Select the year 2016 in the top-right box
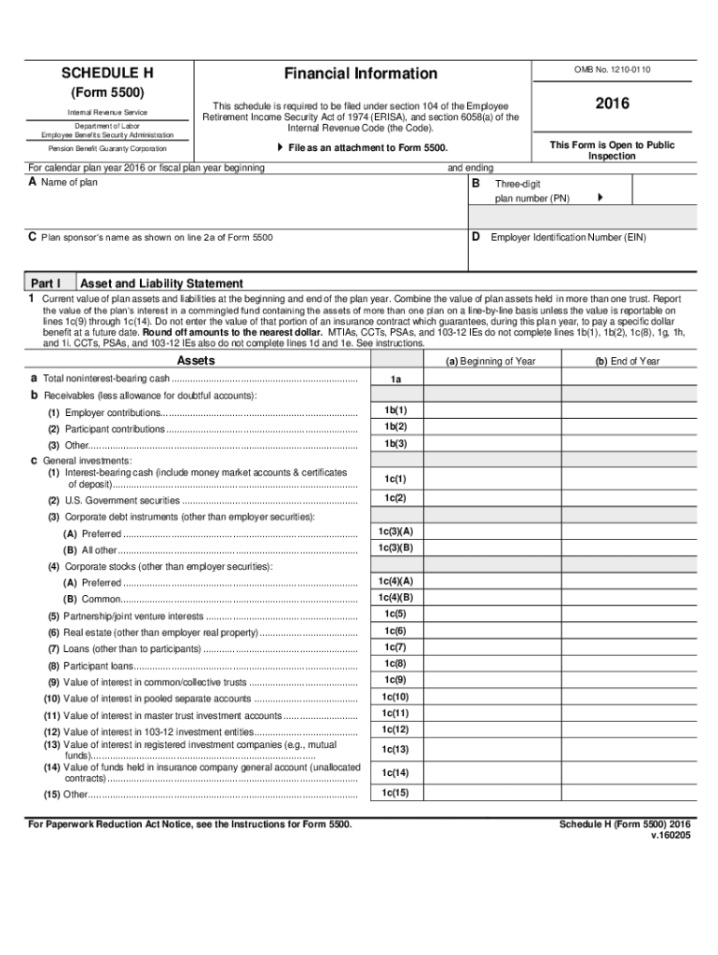[x=612, y=104]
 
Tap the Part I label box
[x=47, y=284]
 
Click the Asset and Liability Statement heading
[x=162, y=284]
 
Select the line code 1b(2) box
[x=395, y=427]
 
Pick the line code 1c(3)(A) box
[x=395, y=532]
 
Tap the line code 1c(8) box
[x=395, y=663]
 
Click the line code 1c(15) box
[x=395, y=793]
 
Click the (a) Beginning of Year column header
[x=490, y=362]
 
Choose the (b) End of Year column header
[x=628, y=362]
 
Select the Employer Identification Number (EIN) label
[x=568, y=238]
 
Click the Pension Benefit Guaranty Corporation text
[x=108, y=149]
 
